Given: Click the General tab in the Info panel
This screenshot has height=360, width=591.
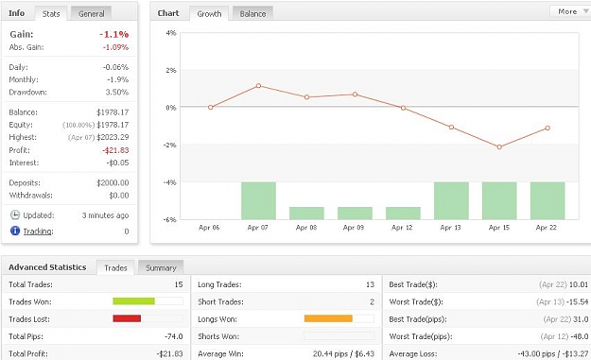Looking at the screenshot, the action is click(91, 13).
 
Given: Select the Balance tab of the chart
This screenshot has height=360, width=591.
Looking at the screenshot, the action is click(252, 13).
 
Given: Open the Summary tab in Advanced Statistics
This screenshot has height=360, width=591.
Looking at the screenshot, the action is click(161, 267).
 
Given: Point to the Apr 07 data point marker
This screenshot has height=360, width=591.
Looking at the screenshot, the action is click(258, 86).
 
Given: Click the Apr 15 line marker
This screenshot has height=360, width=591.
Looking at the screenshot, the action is click(499, 146).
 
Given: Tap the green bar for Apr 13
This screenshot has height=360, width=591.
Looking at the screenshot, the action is click(451, 200).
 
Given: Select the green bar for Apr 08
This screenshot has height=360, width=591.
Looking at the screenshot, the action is click(306, 214).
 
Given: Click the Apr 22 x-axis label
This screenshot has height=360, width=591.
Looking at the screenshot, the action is click(547, 228).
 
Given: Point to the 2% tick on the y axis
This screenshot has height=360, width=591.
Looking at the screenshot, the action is click(171, 71).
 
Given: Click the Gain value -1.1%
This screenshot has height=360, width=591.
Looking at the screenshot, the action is click(114, 35).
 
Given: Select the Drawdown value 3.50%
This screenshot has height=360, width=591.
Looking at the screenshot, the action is click(117, 93).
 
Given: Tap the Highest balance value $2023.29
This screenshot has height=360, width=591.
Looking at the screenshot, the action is click(113, 137).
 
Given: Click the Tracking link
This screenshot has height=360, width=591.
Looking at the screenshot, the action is click(38, 231).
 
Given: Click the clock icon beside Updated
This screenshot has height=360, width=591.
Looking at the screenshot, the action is click(15, 215).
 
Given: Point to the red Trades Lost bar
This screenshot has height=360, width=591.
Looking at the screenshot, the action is click(127, 318).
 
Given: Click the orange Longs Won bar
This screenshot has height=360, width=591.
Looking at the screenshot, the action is click(328, 318).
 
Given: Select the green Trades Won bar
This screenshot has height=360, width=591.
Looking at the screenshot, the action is click(134, 300).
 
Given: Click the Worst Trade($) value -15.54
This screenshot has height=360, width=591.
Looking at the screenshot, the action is click(578, 301).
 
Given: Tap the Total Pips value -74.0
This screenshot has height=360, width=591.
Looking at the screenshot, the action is click(174, 336).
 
